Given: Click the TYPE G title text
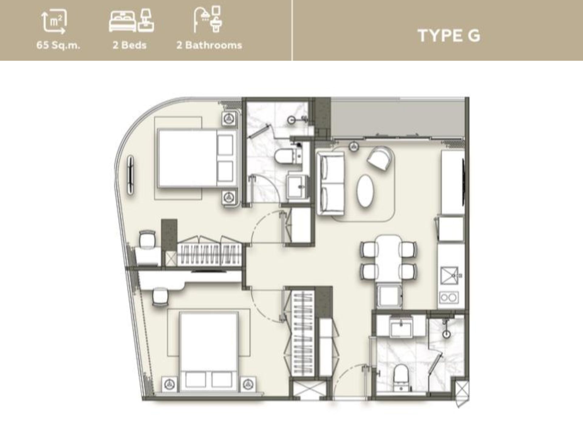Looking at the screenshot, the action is coord(449,36).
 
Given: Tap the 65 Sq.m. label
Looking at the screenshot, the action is coord(58,45).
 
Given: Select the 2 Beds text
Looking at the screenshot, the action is coord(130,45).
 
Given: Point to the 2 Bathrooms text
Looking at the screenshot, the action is coord(209,45).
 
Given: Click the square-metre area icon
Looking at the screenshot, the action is coord(54,21).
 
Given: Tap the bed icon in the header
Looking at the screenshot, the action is coord(131,21).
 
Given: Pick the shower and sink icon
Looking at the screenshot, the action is coord(208,19).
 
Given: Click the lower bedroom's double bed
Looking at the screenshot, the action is coord(209,352).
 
